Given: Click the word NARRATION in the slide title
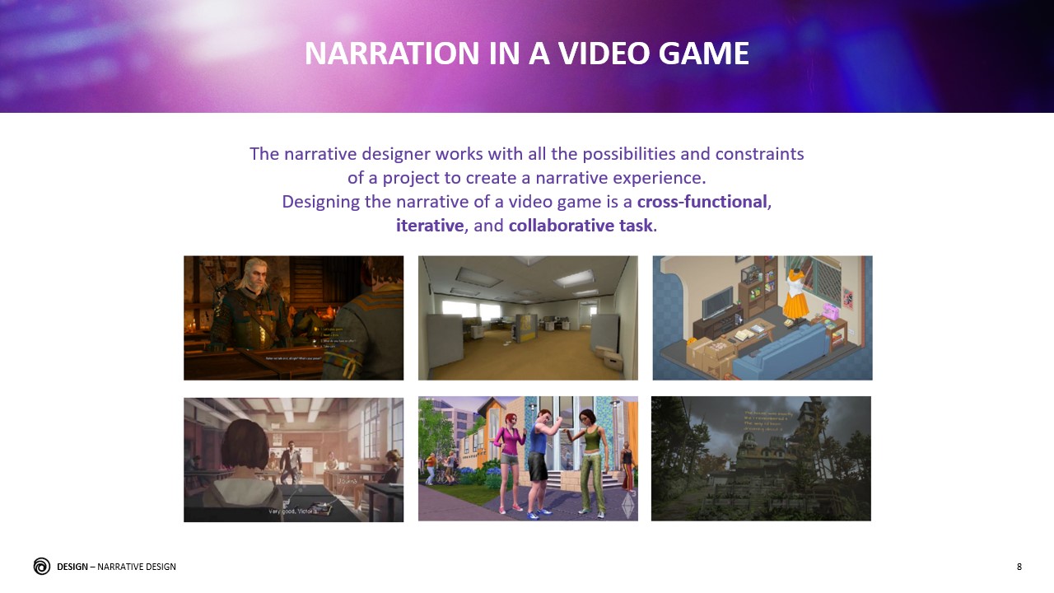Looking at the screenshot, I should pyautogui.click(x=372, y=54).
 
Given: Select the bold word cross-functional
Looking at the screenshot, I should pyautogui.click(x=702, y=202).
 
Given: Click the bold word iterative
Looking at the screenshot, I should pyautogui.click(x=430, y=225).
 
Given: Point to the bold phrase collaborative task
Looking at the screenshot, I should pyautogui.click(x=581, y=225).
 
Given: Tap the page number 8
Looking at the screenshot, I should pyautogui.click(x=1019, y=567).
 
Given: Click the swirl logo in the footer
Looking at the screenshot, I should pyautogui.click(x=42, y=566).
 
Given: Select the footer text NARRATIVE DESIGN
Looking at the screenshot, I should pyautogui.click(x=137, y=567).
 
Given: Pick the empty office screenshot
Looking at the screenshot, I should pyautogui.click(x=528, y=317).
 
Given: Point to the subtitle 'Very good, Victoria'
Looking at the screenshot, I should pyautogui.click(x=293, y=511).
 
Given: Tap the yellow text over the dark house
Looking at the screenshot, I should pyautogui.click(x=767, y=421).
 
